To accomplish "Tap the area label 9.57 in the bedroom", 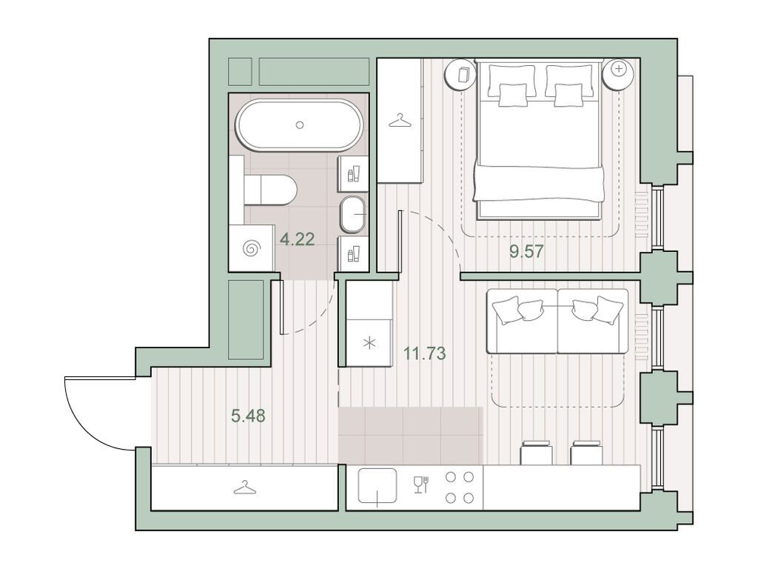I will coord(527,251).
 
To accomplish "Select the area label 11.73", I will coord(425,353).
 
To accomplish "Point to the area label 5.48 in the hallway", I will coord(248,416).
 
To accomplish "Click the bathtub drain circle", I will coord(300,124).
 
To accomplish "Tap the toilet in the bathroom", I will coord(272,190).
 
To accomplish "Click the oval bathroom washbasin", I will coord(354,215).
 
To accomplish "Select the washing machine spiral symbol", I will coord(252,249).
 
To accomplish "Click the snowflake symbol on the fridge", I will coord(369,343).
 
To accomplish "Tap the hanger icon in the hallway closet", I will coord(244,487).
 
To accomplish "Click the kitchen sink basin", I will coord(378,487).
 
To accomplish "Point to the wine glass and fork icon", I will coord(421,485).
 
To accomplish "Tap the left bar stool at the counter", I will coord(537,453).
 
